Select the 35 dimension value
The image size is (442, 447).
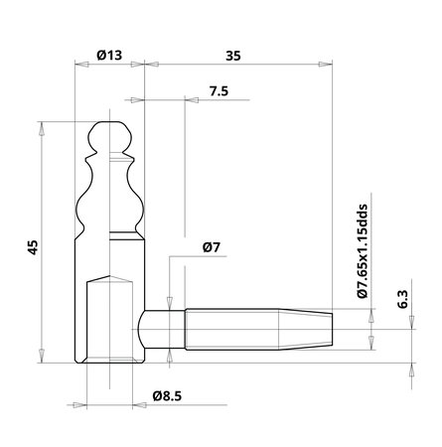point(233,57)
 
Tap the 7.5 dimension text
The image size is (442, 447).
point(220,90)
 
